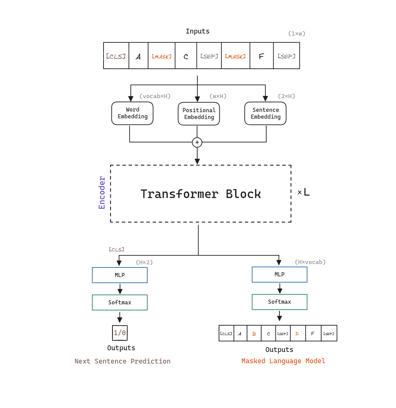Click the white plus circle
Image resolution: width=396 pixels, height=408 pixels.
click(197, 142)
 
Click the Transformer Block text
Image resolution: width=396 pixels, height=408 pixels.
click(201, 195)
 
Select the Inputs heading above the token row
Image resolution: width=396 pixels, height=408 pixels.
click(198, 32)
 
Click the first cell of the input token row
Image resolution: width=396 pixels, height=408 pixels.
click(115, 56)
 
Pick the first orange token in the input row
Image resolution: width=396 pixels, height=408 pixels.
click(162, 56)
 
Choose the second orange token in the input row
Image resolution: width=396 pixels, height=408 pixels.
click(235, 56)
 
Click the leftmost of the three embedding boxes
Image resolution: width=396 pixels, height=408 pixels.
click(132, 114)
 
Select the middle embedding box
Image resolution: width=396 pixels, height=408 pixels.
click(199, 114)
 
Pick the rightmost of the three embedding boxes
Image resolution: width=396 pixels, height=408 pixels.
click(265, 114)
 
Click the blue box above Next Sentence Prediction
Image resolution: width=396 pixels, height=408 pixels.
click(119, 275)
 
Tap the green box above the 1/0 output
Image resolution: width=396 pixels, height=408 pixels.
click(119, 302)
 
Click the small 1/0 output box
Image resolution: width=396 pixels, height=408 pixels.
click(120, 332)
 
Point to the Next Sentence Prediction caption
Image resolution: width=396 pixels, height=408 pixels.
click(123, 361)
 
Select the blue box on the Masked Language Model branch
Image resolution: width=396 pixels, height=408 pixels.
click(280, 275)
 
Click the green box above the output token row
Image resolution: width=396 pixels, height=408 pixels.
click(280, 302)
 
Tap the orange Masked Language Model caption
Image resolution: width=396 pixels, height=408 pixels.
click(283, 361)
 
